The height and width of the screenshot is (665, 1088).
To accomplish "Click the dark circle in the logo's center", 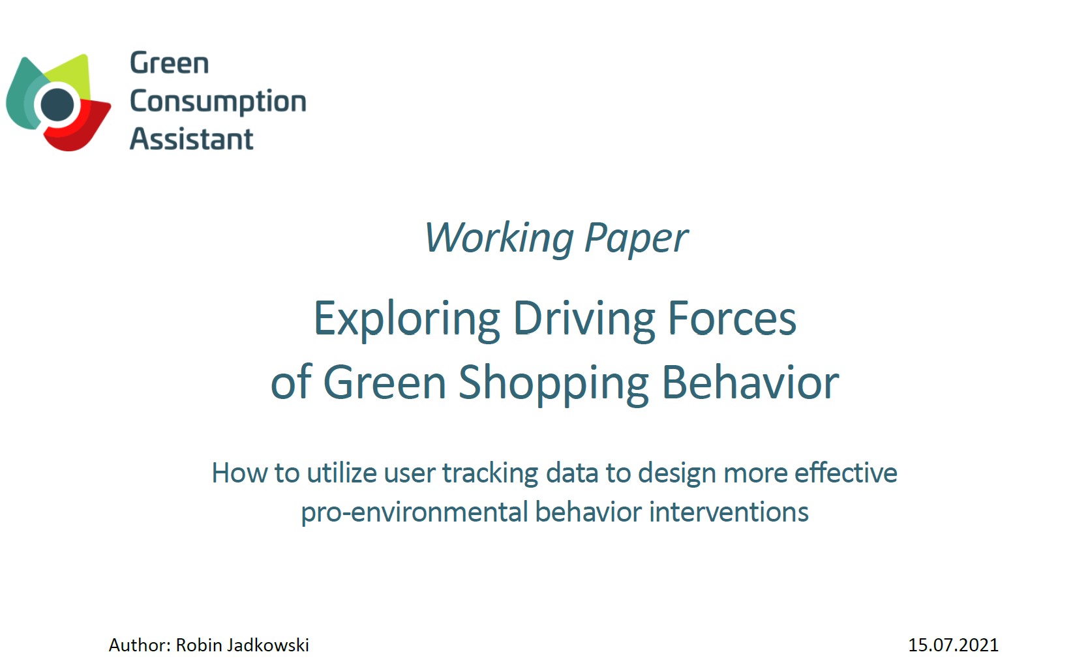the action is tap(57, 104).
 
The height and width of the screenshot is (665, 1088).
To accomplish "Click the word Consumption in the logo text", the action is tap(218, 102).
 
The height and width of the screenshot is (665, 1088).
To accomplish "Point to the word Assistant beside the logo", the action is tap(191, 139).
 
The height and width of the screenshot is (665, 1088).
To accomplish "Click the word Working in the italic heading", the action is tap(499, 238).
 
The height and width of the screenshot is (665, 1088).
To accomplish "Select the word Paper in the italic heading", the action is tap(636, 239).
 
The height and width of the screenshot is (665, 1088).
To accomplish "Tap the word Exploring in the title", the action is tap(407, 319).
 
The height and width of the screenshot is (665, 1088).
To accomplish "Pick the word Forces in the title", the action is tap(733, 318).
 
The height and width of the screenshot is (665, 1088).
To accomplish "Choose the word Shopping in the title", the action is tap(554, 383).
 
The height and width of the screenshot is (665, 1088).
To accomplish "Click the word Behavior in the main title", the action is tap(750, 382).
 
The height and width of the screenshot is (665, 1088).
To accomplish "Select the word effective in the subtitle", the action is tap(845, 472).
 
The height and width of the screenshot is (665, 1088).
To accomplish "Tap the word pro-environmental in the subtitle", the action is tap(414, 512).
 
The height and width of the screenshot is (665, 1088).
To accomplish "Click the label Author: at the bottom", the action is tap(140, 645).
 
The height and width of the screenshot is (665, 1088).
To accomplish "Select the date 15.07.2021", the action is tap(953, 645).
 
